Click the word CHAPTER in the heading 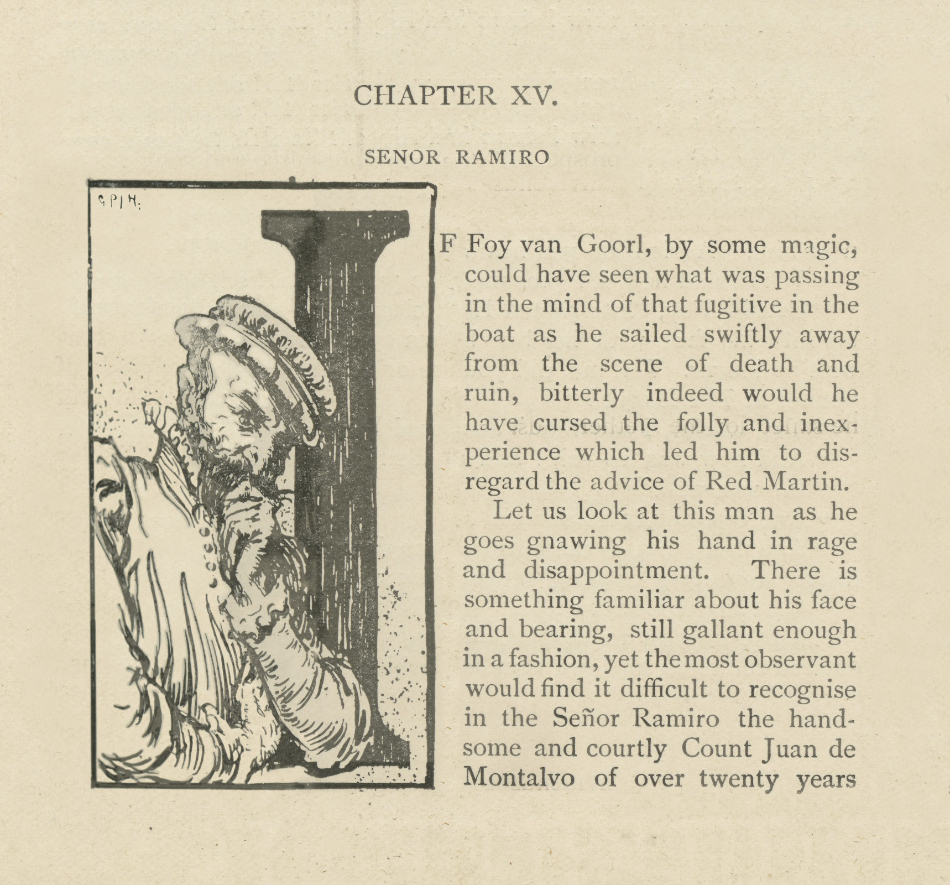[424, 96]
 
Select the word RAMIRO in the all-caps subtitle [502, 158]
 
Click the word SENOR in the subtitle [402, 158]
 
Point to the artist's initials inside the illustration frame [118, 202]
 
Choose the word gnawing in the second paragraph [576, 542]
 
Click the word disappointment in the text [616, 571]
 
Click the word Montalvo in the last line [519, 778]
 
